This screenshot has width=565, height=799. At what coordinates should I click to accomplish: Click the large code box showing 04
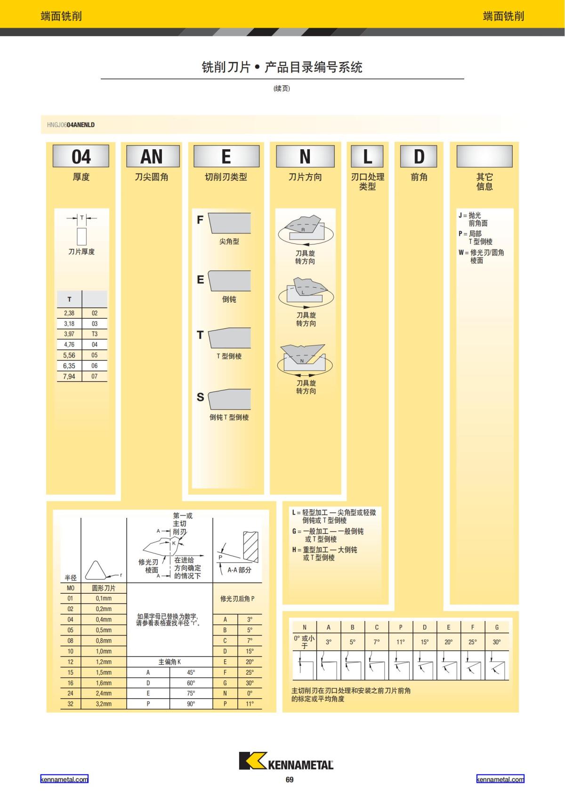tap(81, 156)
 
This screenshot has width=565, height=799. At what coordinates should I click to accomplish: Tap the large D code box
tap(419, 156)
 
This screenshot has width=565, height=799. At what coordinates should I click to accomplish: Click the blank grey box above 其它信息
tap(484, 156)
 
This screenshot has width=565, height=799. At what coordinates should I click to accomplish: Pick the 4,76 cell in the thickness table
tap(69, 345)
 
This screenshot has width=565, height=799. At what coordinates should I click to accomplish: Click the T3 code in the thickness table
tap(95, 334)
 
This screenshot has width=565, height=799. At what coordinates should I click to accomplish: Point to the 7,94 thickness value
tap(69, 376)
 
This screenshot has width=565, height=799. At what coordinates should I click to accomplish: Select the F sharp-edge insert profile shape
tap(229, 223)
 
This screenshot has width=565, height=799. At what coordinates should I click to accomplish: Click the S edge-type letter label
tap(200, 397)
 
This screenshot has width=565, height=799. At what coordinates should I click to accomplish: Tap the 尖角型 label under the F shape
tap(229, 242)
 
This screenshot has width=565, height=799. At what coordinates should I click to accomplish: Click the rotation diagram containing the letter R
tap(305, 229)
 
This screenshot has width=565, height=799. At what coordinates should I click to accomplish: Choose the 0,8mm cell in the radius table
tap(104, 641)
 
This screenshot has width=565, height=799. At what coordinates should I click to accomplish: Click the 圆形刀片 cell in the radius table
tap(104, 588)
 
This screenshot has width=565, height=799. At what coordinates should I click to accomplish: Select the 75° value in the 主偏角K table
tap(191, 693)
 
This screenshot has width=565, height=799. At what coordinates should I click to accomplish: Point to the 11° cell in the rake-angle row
tap(401, 642)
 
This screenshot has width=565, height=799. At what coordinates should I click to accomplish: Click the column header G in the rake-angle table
tap(497, 627)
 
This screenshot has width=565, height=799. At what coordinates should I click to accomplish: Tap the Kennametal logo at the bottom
tap(286, 761)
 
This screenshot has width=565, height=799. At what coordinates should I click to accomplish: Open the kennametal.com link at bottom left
tap(64, 779)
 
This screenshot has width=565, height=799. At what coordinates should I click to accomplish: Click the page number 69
tap(290, 780)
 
